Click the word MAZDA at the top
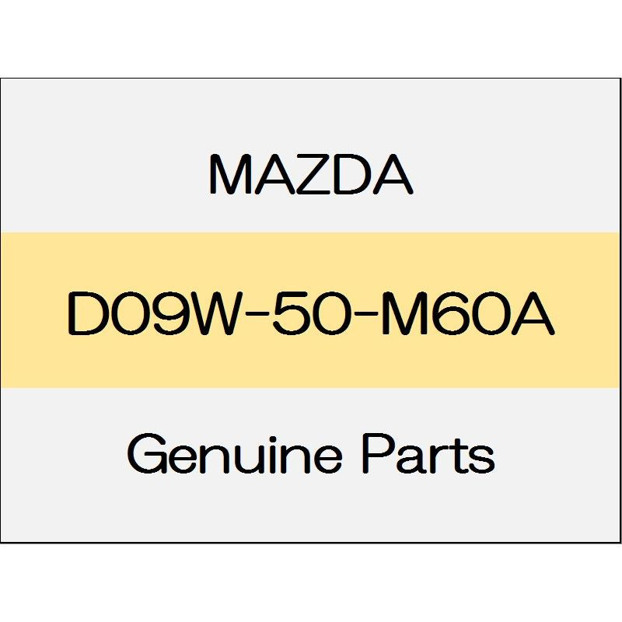point(311,175)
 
